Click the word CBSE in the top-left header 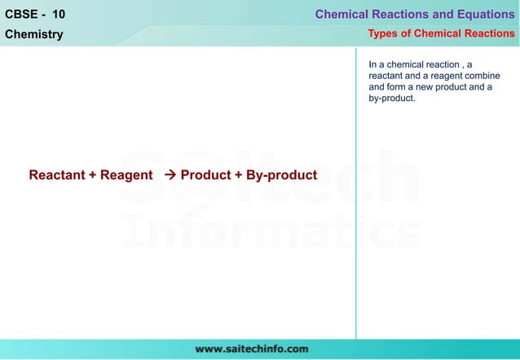click(21, 14)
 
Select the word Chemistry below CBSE click(34, 34)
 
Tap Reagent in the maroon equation click(126, 175)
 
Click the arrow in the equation click(170, 175)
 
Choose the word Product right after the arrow click(205, 175)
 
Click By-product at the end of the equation click(281, 175)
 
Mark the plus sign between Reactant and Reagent click(92, 175)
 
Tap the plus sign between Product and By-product click(239, 175)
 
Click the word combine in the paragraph click(482, 76)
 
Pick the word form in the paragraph click(397, 87)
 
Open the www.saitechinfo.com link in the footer click(251, 349)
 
